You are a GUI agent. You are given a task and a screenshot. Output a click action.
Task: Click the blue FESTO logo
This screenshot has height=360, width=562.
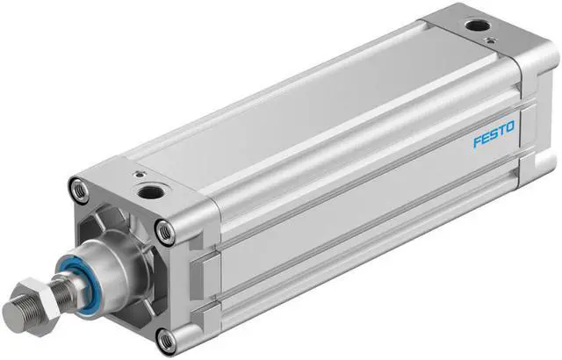[x=498, y=139]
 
